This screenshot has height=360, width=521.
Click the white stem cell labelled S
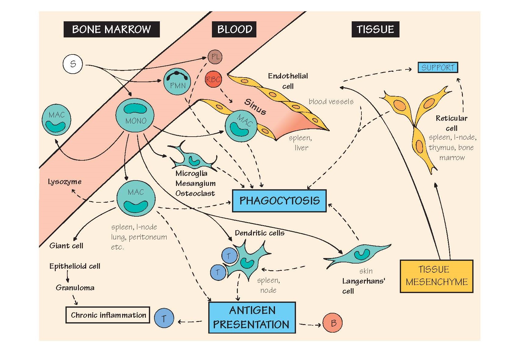tap(72, 64)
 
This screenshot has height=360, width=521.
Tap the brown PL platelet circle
tap(215, 57)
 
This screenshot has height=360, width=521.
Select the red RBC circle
tap(213, 79)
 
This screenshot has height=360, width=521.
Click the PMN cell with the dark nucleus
tap(177, 81)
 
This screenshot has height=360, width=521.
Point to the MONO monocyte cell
tap(135, 115)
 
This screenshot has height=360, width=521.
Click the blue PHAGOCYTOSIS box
tap(279, 201)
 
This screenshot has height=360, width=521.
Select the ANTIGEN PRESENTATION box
tap(252, 317)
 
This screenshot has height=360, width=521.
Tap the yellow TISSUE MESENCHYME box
tap(436, 276)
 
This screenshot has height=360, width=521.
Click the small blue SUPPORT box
tap(438, 67)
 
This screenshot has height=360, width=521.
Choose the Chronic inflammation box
tap(108, 315)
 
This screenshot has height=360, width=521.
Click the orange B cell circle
tap(333, 323)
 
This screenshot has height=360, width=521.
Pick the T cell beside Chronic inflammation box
tap(164, 318)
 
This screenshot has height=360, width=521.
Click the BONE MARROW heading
tap(111, 29)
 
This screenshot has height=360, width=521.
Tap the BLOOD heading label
tap(234, 29)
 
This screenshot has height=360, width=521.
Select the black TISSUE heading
tap(375, 29)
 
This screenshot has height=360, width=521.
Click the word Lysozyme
tap(65, 182)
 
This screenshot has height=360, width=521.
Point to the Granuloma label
tap(75, 288)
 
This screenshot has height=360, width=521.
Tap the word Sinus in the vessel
tap(255, 107)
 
